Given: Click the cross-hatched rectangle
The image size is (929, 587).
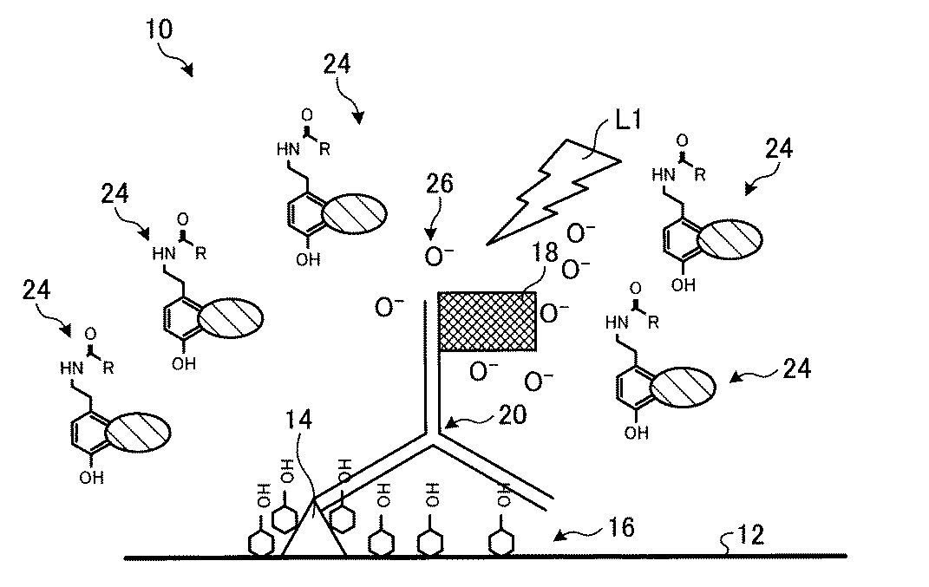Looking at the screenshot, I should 487,321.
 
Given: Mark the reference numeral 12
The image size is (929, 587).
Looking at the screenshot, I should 751,535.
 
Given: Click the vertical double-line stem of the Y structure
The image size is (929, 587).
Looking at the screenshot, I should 430,364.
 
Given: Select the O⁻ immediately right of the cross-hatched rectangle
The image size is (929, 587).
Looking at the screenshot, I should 554,311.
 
